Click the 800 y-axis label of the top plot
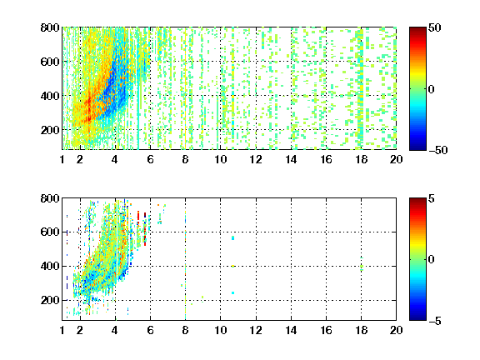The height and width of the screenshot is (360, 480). point(50,27)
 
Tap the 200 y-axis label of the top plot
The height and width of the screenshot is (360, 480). point(50,130)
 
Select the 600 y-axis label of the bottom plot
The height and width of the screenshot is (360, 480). point(50,232)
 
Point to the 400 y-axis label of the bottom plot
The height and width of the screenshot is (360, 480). point(50,266)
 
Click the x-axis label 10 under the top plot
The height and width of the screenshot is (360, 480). point(220,159)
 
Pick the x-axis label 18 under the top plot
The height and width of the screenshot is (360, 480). point(361,159)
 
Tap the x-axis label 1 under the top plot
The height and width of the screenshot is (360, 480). point(62,159)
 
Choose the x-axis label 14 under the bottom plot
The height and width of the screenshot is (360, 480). point(291,330)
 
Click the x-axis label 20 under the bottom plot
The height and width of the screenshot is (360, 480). point(396,330)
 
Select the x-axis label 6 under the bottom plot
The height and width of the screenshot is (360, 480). point(150,330)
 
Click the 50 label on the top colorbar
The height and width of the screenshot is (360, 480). point(434,27)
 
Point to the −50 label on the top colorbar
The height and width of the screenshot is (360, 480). point(437,150)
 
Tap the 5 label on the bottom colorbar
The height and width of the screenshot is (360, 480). point(432,198)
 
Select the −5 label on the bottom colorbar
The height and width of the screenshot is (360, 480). point(435,321)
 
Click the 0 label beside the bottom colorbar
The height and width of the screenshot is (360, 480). point(432,260)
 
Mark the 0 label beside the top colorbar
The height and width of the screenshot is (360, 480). point(432,89)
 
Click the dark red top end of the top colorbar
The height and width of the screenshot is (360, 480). point(417,29)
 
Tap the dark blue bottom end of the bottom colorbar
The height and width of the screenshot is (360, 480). point(417,318)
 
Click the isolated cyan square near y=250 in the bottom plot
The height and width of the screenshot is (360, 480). point(233,293)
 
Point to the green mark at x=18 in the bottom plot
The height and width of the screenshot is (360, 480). point(362,267)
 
